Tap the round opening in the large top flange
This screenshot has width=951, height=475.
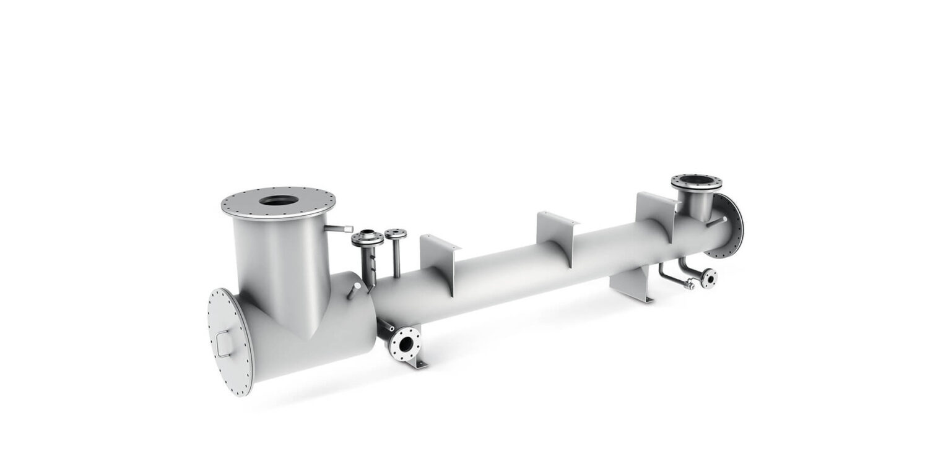(x=278, y=200)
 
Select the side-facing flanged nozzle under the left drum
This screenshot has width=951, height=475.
(x=406, y=344)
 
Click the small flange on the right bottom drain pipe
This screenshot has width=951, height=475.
(x=708, y=278)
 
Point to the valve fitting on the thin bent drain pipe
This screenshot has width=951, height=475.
(x=688, y=285)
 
